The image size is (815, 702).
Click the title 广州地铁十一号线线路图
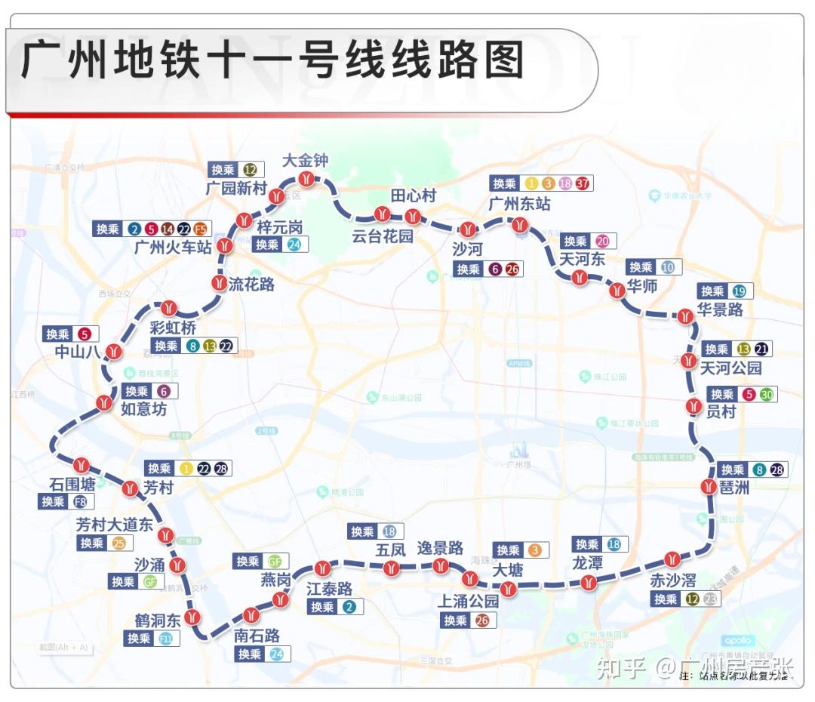[272, 60]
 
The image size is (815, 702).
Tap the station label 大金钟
[306, 160]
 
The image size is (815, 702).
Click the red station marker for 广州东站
[519, 224]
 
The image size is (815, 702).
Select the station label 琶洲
[734, 488]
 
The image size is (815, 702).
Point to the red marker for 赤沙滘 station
[672, 559]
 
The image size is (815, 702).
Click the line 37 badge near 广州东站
[583, 183]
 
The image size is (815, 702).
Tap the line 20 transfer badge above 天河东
[602, 242]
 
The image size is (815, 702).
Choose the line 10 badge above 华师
[667, 267]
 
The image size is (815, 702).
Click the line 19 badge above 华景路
[739, 291]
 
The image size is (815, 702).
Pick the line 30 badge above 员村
[766, 394]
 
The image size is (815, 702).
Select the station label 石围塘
[72, 483]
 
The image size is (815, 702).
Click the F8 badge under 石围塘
[80, 501]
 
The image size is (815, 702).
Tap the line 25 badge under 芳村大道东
[119, 543]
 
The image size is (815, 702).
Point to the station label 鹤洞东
[158, 620]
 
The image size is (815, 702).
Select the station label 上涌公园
[469, 601]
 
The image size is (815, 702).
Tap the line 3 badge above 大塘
[534, 550]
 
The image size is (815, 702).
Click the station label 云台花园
[383, 236]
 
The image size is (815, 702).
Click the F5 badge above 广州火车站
[201, 229]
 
